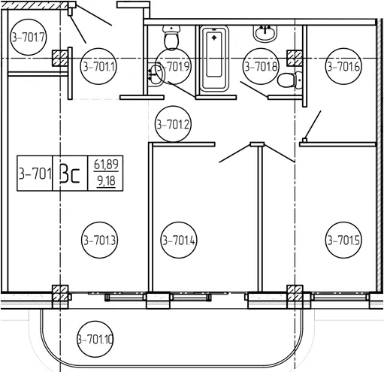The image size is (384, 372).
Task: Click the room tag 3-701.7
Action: pos(29,38)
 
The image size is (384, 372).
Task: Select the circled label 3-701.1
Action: pos(98,66)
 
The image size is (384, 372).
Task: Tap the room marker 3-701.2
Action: pos(173,124)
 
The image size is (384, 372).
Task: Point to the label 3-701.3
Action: pos(100,240)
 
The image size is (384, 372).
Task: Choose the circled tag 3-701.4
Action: pos(179,240)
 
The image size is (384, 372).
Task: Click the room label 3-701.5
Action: pos(343,240)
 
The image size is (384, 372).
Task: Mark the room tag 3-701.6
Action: pos(343,66)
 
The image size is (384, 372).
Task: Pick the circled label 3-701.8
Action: pos(261,66)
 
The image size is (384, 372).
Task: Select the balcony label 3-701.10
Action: pos(95,340)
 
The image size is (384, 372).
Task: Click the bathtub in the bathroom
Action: pos(214,58)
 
